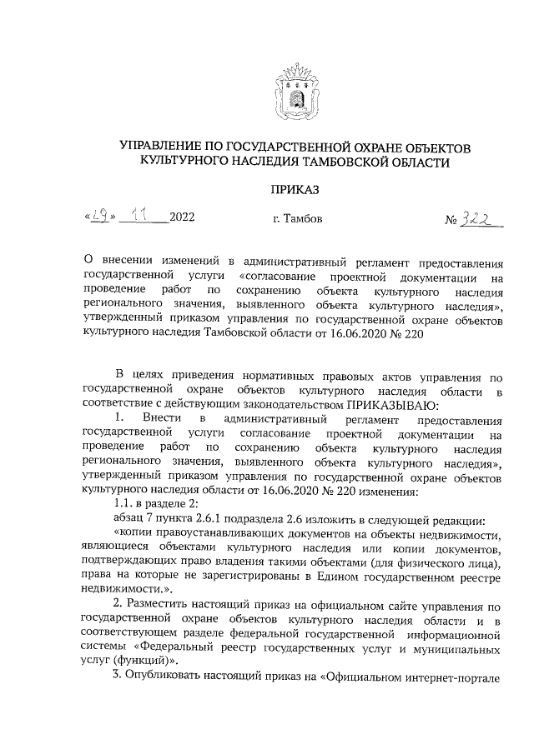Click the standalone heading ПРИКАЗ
295,190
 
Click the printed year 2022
181,219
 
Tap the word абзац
129,520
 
